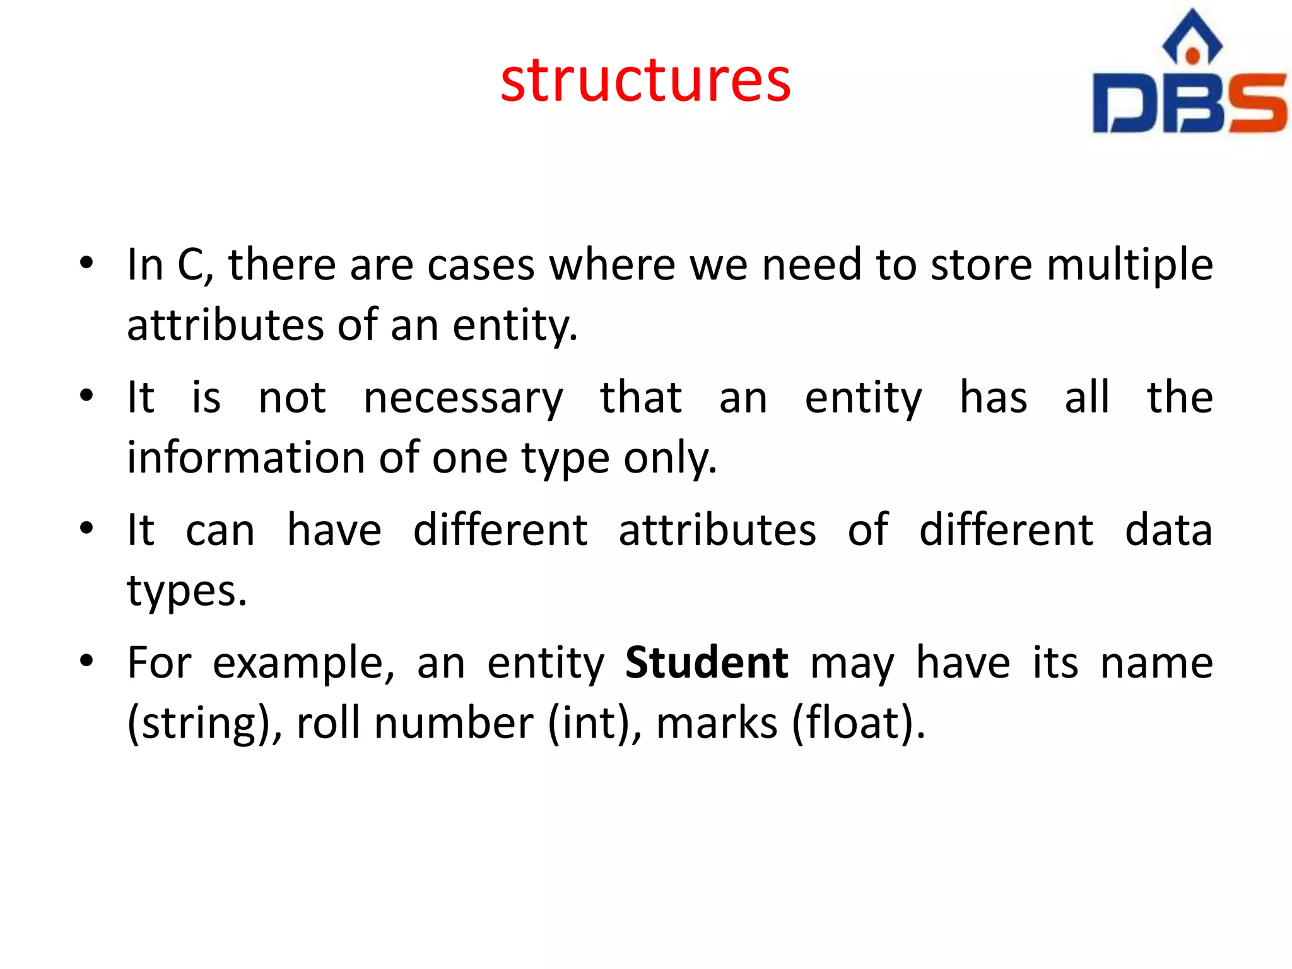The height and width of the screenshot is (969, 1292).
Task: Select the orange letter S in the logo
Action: point(1255,103)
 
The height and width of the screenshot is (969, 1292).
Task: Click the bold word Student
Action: point(706,662)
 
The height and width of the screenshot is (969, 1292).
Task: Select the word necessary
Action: point(463,399)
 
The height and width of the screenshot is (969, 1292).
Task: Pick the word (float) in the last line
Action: point(857,723)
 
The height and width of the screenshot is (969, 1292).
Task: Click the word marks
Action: point(717,723)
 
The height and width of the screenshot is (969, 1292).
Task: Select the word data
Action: point(1168,530)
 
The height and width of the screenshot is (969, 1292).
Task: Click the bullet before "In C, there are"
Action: point(87,262)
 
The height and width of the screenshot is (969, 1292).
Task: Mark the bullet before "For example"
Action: point(87,661)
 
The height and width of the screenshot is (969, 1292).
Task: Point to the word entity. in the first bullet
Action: point(515,326)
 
